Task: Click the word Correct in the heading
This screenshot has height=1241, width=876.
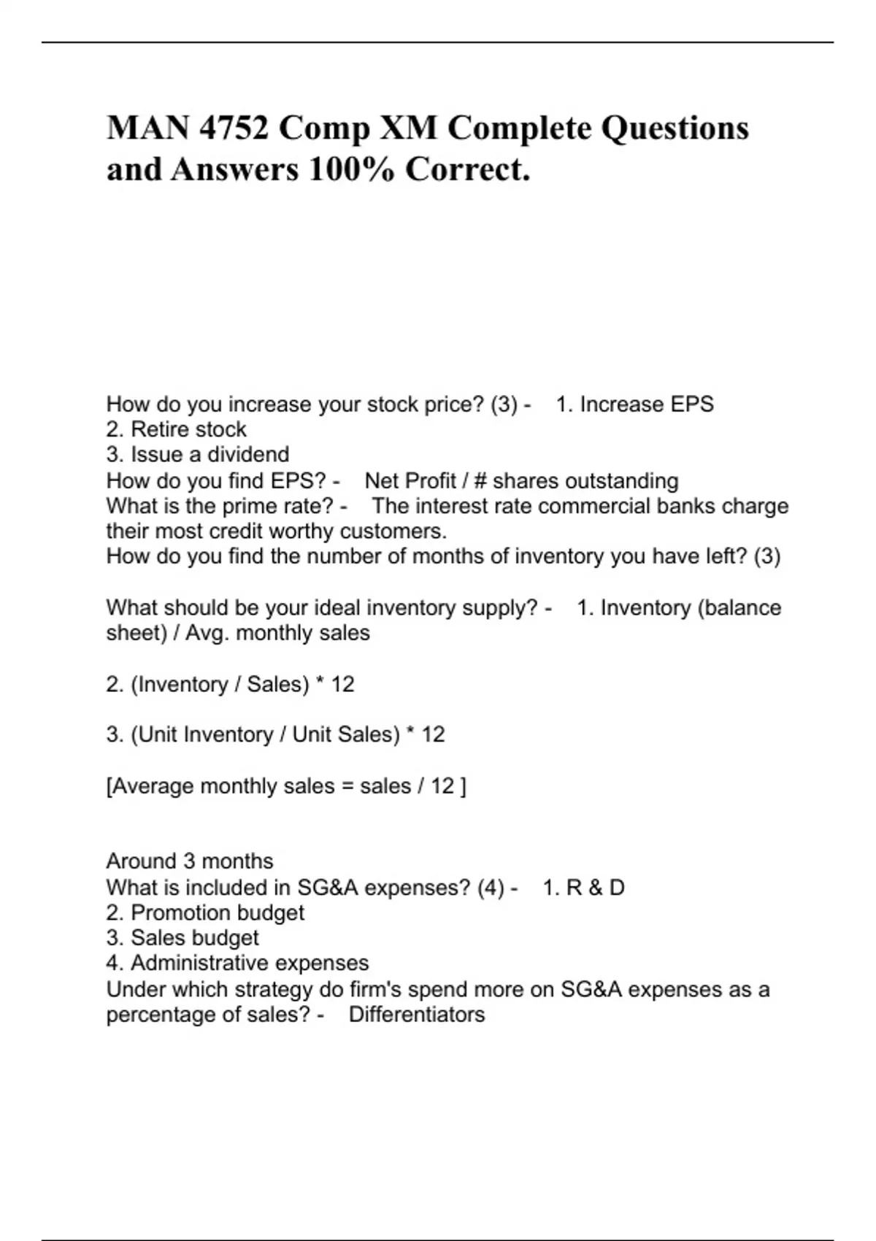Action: click(464, 170)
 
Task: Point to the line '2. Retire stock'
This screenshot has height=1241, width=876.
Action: click(176, 429)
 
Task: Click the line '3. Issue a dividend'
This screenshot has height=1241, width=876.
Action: click(197, 455)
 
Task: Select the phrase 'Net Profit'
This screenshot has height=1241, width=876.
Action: click(410, 481)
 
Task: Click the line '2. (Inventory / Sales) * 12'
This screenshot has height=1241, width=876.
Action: click(230, 685)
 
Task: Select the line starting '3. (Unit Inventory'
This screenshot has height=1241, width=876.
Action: click(275, 734)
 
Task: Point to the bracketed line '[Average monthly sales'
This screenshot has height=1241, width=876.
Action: click(286, 786)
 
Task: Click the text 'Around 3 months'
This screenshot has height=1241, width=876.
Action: click(190, 861)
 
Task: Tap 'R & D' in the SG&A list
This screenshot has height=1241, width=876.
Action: click(595, 888)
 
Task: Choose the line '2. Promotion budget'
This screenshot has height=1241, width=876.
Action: click(205, 912)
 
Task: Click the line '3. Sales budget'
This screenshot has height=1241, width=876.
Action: click(182, 938)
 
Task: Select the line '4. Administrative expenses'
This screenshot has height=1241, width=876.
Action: click(237, 964)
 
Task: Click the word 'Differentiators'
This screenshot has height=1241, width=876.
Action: click(417, 1015)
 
